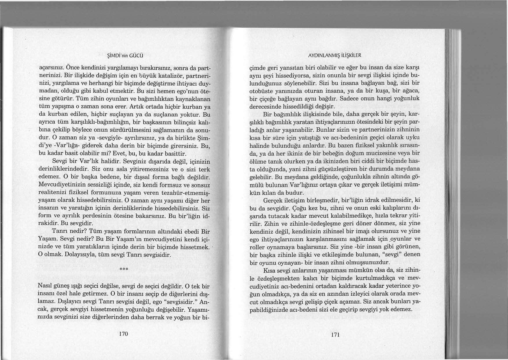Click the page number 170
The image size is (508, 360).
point(123,334)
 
